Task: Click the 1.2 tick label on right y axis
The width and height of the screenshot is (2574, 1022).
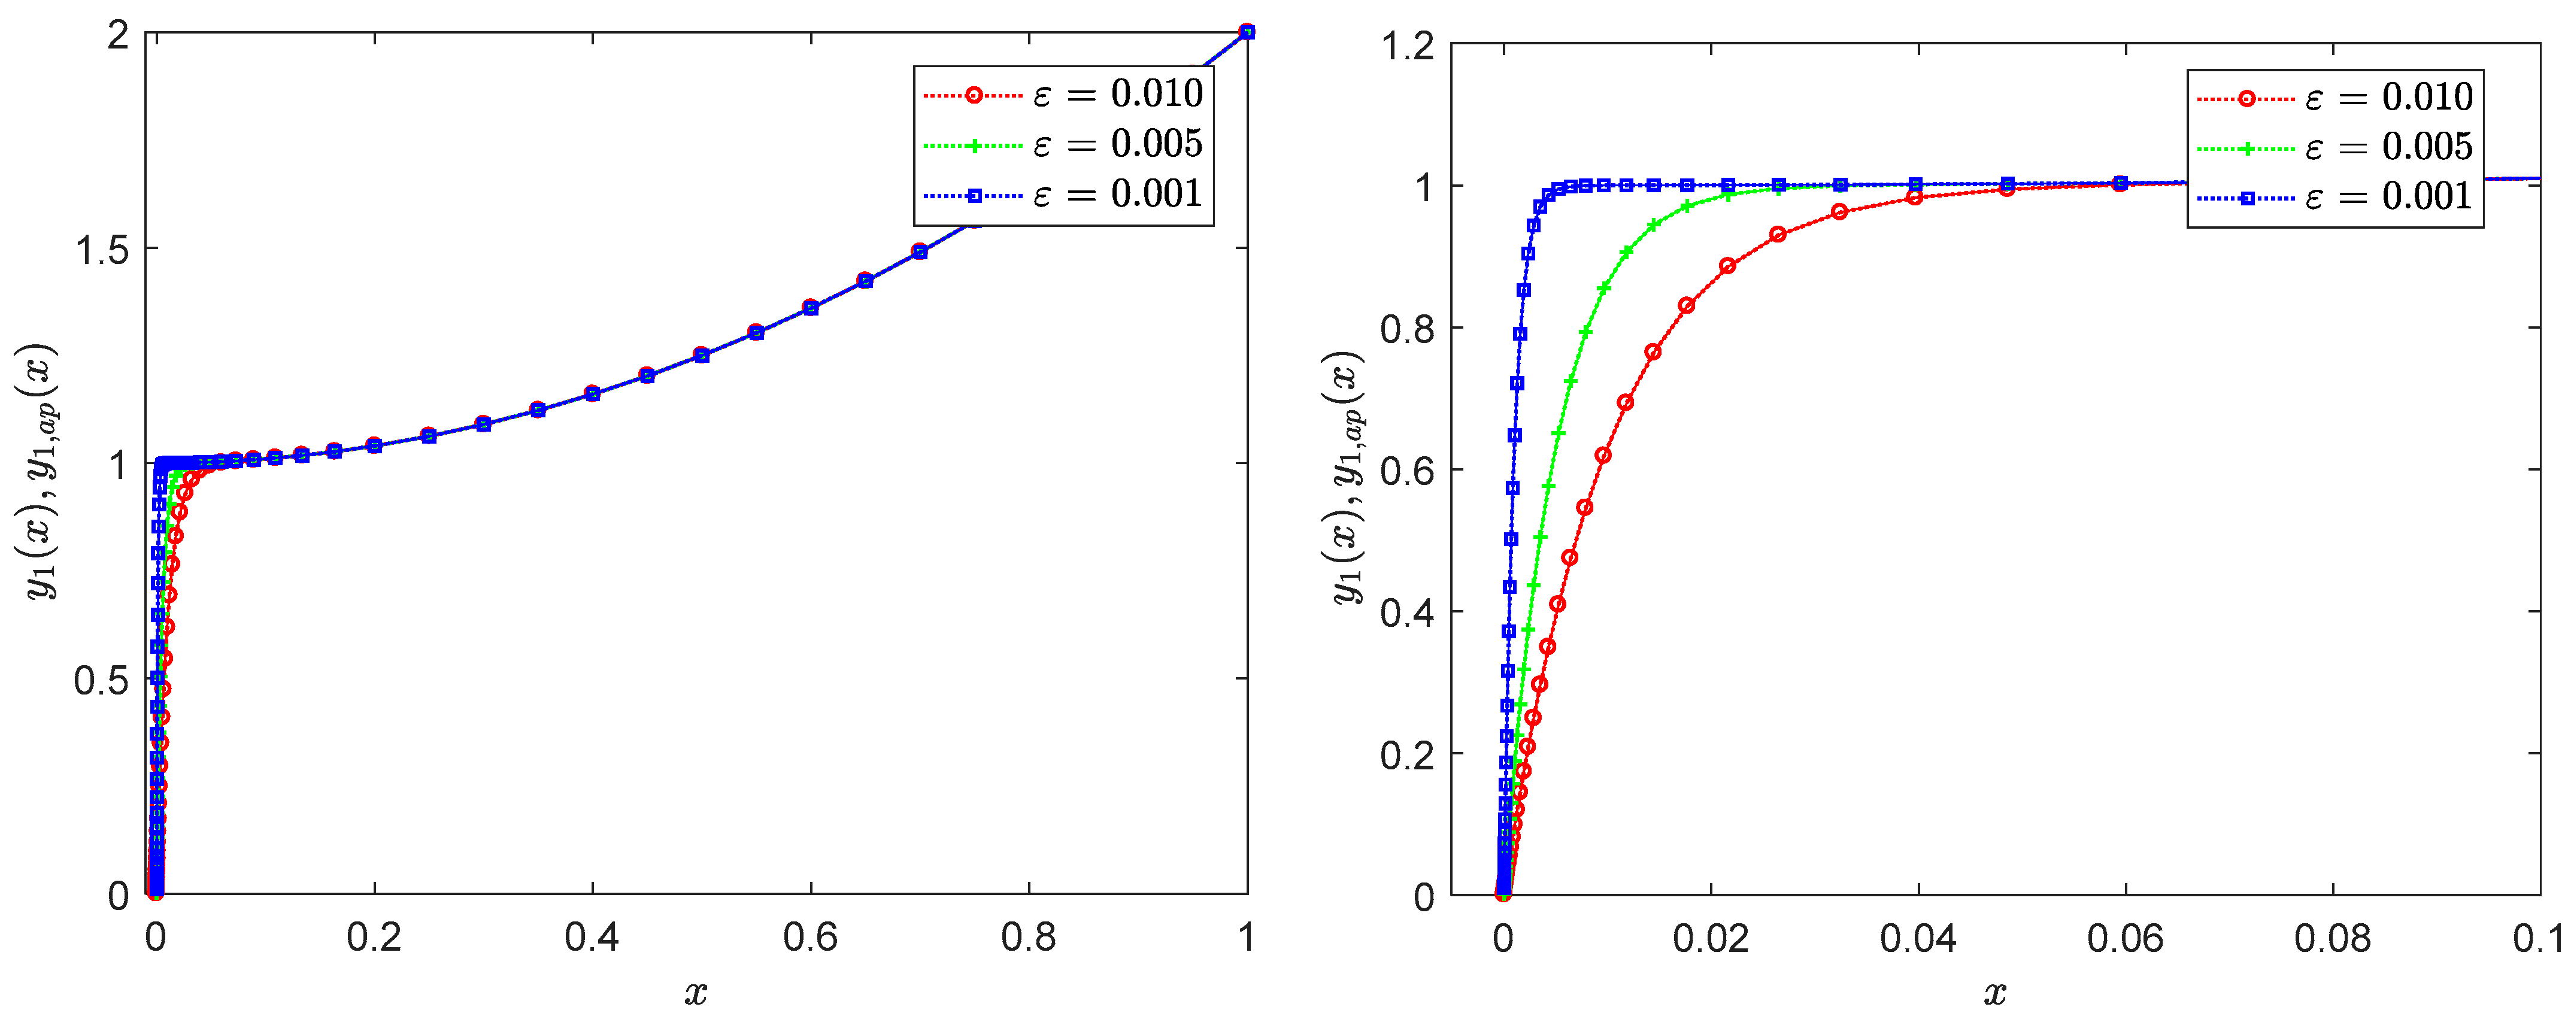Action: [x=1407, y=46]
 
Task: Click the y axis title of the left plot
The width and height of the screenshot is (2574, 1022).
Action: [x=42, y=469]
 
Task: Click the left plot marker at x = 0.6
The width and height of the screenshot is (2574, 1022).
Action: [x=810, y=308]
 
